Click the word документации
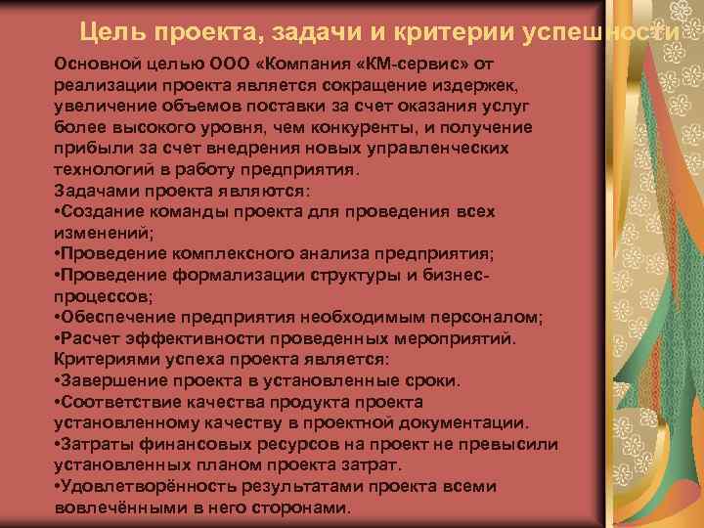click(467, 422)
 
